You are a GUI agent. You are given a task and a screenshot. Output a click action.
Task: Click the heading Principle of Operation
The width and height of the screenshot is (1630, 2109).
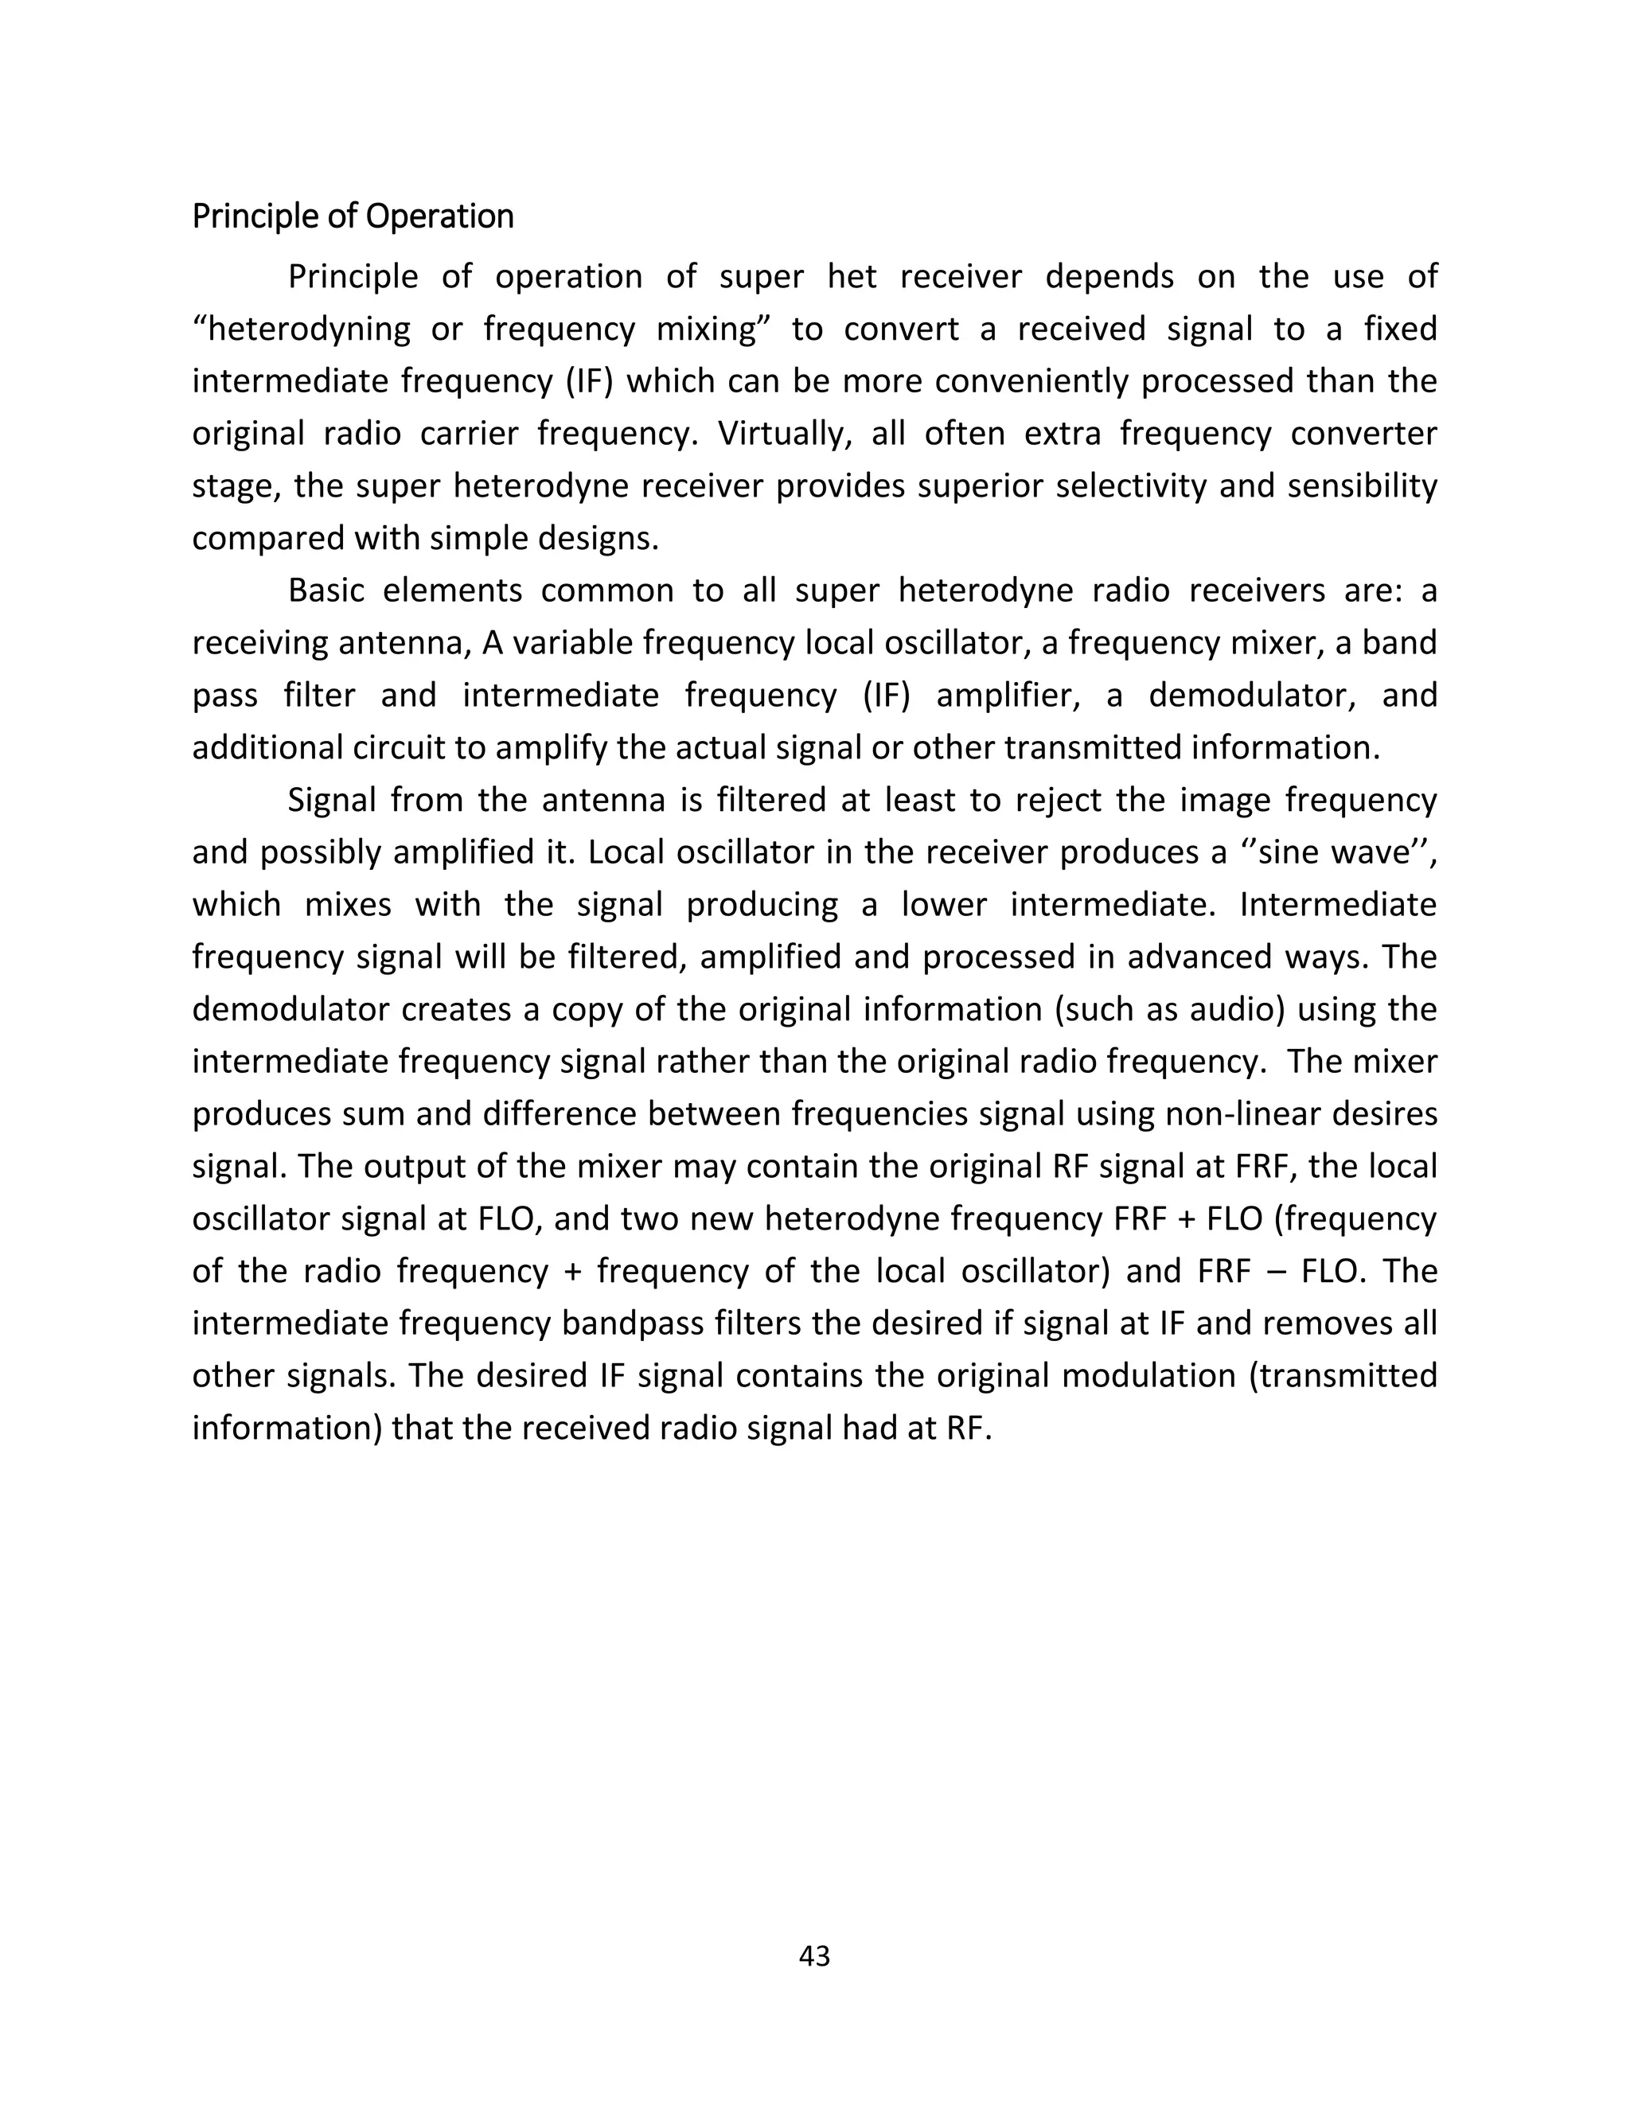pos(353,216)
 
